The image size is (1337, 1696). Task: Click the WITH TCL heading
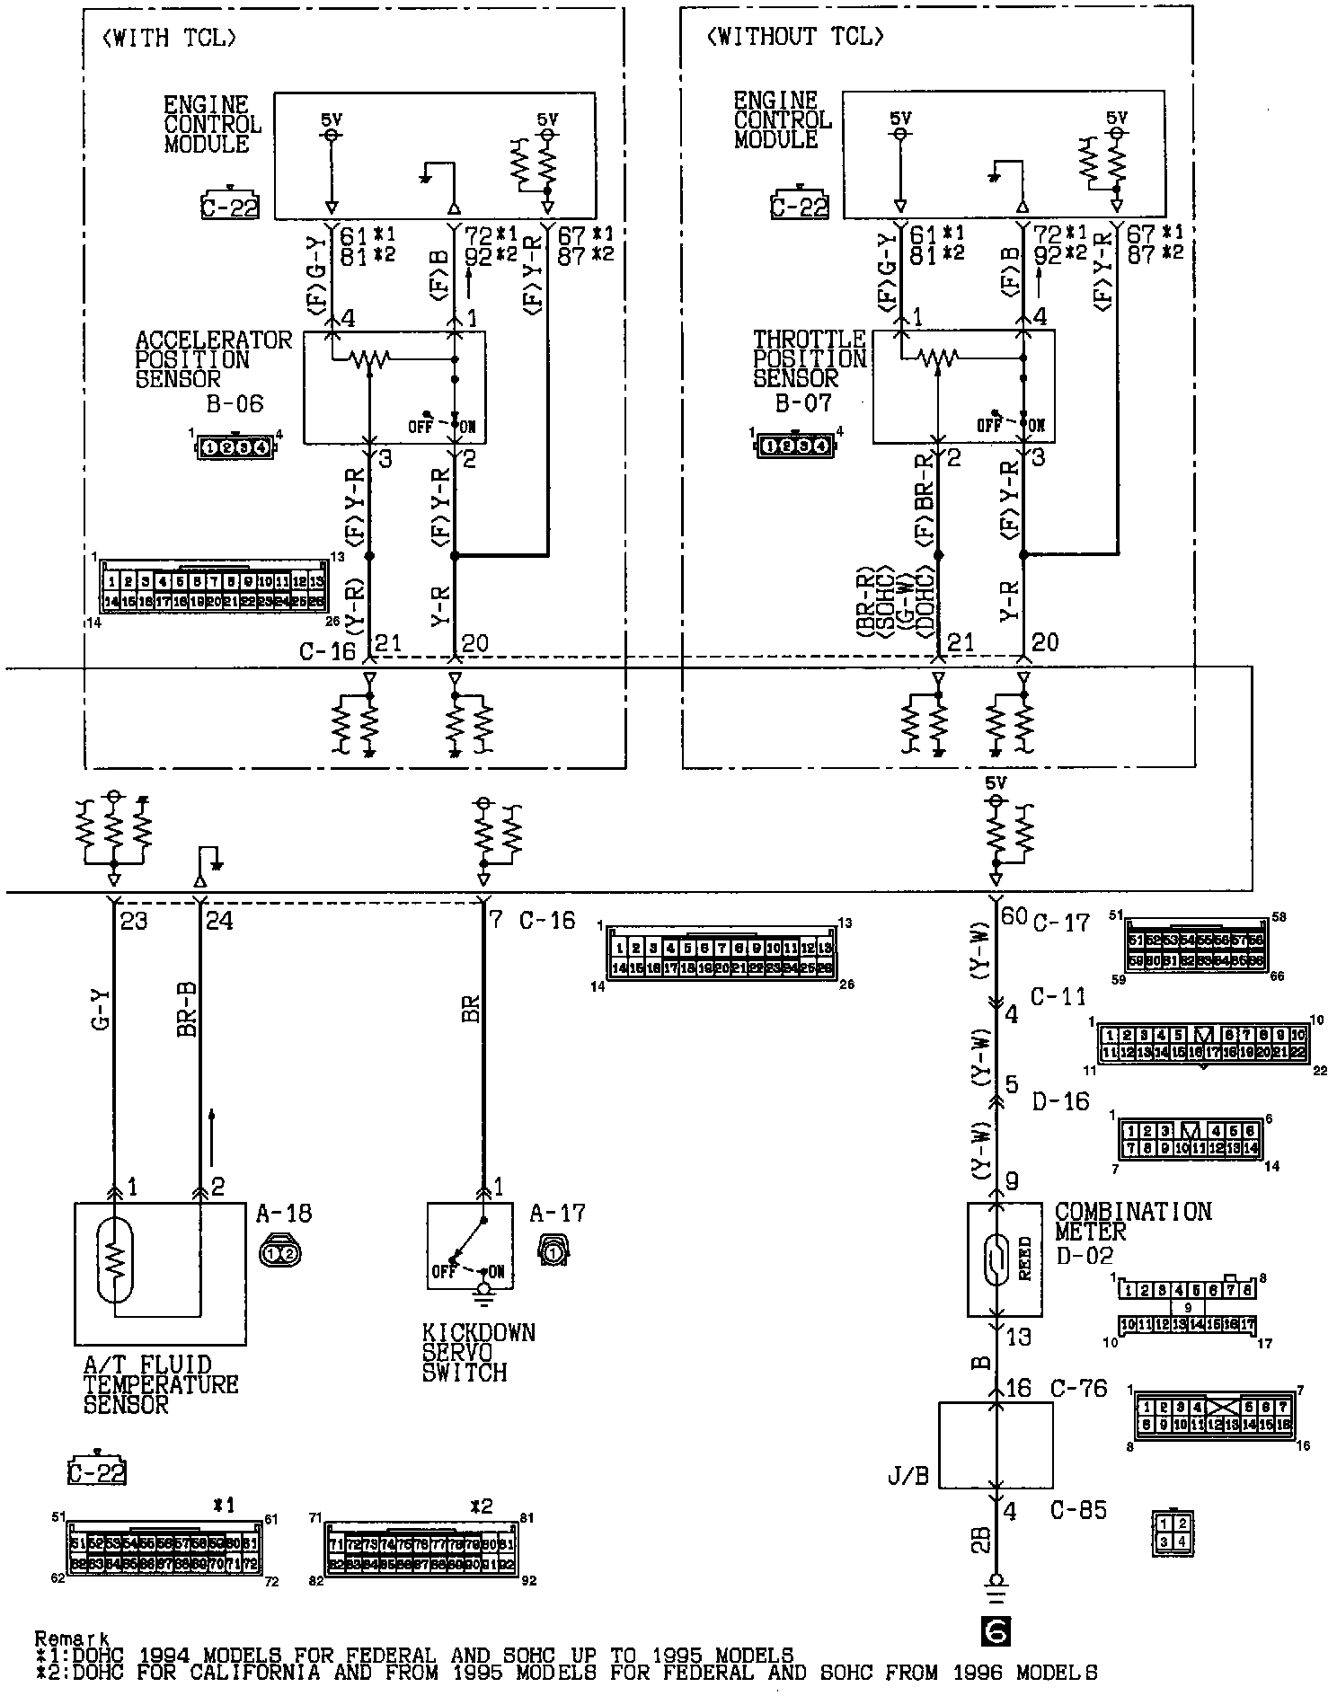point(171,38)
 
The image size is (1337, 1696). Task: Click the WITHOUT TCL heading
point(795,37)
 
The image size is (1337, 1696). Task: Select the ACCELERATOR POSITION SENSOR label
point(213,359)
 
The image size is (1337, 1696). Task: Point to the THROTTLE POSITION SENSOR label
point(809,359)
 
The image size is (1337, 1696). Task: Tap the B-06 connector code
point(235,404)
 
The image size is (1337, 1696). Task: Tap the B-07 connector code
point(804,403)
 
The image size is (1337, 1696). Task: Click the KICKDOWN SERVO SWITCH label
point(478,1352)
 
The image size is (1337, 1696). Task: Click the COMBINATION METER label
point(1133,1222)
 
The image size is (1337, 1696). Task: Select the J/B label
point(908,1476)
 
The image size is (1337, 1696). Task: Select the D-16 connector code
point(1061,1101)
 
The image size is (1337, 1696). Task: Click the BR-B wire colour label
point(187,1011)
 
